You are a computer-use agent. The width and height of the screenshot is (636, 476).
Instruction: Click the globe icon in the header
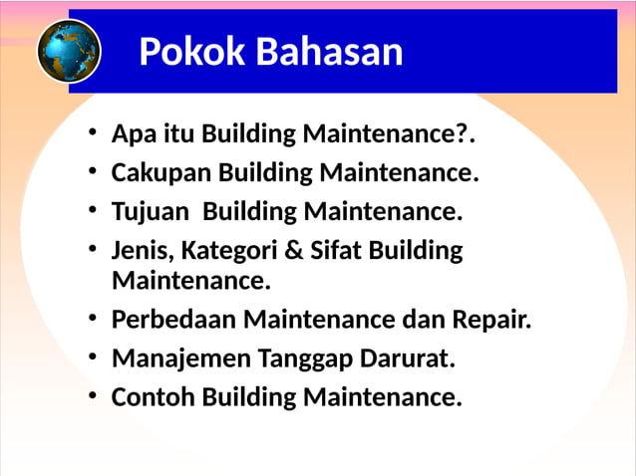click(69, 50)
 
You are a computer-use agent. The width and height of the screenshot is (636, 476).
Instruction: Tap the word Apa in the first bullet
click(129, 133)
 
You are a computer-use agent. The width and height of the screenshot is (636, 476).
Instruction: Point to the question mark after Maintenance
click(463, 133)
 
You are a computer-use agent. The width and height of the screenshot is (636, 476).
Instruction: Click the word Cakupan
click(161, 172)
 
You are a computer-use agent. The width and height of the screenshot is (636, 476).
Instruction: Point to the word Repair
click(492, 320)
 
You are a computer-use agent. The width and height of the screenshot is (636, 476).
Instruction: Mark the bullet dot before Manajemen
click(93, 357)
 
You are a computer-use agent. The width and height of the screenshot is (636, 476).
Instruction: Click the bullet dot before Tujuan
click(93, 210)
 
